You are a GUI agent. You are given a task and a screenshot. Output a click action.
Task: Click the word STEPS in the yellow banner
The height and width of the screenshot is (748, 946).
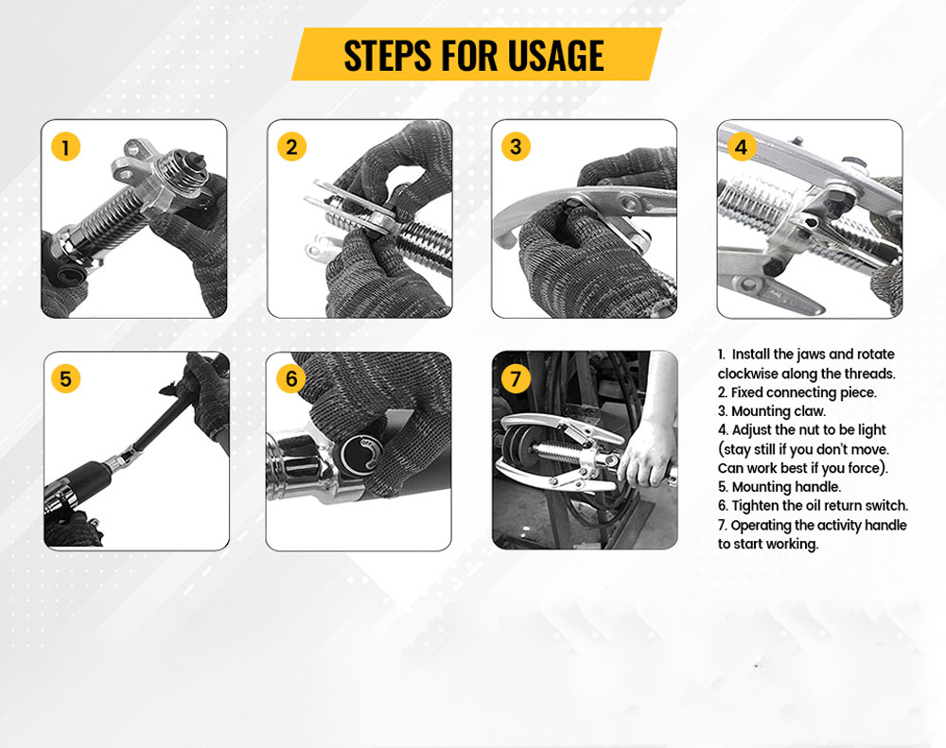point(388,55)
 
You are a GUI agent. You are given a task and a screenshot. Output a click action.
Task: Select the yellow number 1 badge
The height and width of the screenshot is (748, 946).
point(66,147)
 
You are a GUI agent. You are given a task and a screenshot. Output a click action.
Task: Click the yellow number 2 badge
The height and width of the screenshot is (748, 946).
point(292,147)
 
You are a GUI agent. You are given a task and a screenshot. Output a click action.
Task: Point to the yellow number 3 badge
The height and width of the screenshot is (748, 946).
point(516,146)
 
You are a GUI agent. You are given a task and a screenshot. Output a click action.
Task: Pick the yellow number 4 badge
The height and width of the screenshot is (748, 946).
point(742,147)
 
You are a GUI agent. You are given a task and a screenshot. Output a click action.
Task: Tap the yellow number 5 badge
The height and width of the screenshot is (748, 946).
point(66,379)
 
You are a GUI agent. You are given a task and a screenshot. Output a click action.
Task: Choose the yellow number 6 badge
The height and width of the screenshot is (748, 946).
point(291,378)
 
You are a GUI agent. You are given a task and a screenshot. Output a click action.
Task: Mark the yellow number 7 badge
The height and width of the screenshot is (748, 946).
point(516,378)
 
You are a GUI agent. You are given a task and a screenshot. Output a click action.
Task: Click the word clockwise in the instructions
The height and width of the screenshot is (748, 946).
point(748,374)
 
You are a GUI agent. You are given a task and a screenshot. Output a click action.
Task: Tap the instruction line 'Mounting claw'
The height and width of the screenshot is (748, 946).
point(772,411)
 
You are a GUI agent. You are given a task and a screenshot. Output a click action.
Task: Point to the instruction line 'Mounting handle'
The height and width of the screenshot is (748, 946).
point(779,487)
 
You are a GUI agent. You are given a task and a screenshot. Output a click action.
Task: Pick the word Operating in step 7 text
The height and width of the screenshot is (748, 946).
point(761,526)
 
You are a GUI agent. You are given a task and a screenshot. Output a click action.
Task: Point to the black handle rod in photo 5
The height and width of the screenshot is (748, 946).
point(160,423)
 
